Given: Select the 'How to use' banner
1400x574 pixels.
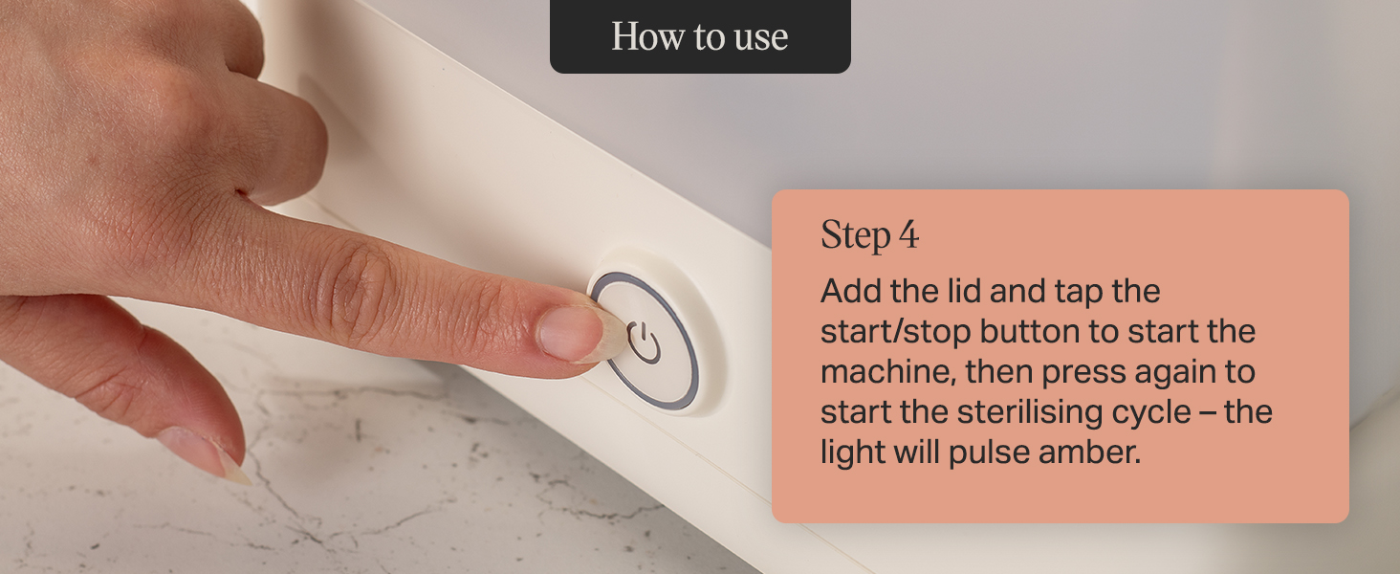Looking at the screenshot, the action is pyautogui.click(x=700, y=36).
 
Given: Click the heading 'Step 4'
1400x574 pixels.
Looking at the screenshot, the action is pyautogui.click(x=869, y=235).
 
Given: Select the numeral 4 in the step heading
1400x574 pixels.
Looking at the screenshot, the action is pyautogui.click(x=908, y=236).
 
